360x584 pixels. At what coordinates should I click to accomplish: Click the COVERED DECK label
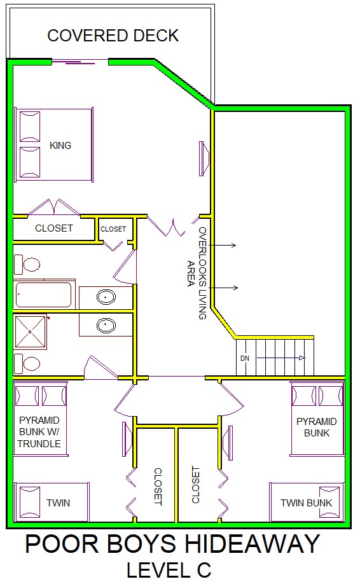click(113, 36)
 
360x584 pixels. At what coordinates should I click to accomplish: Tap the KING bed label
click(60, 145)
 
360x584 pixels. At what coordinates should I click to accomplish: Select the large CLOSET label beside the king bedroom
click(54, 228)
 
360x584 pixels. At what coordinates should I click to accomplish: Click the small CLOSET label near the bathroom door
click(113, 229)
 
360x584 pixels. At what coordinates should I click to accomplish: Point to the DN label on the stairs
click(245, 358)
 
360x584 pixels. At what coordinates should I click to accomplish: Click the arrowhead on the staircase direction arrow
click(302, 358)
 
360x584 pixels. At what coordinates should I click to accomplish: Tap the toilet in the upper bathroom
click(27, 265)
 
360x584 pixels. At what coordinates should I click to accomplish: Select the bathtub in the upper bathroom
click(44, 295)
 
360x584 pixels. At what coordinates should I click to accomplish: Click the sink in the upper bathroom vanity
click(106, 297)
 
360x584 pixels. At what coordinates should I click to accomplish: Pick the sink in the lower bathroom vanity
click(106, 326)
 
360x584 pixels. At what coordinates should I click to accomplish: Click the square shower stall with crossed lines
click(31, 332)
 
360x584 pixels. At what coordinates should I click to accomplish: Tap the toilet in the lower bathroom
click(27, 364)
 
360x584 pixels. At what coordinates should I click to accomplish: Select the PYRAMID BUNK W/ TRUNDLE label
click(39, 432)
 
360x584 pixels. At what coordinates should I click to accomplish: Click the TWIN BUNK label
click(306, 503)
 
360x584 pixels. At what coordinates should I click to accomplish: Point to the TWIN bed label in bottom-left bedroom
click(58, 503)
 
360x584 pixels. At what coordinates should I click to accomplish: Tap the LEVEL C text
click(169, 570)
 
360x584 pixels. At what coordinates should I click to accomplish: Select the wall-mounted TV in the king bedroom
click(204, 158)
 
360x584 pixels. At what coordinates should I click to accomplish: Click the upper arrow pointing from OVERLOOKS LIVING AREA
click(223, 245)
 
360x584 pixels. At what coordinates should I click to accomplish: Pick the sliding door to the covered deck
click(80, 62)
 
